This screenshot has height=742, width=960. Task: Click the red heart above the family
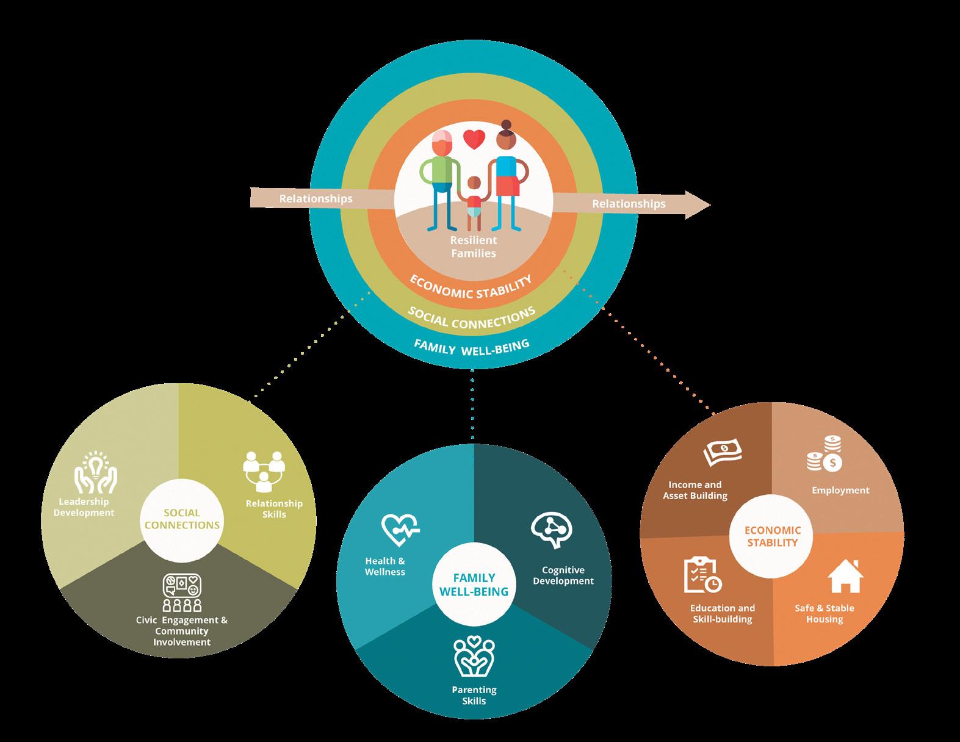click(x=474, y=140)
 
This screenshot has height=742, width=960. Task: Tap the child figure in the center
click(x=474, y=201)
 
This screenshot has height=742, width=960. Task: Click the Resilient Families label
click(x=474, y=247)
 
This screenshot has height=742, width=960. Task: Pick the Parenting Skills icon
click(x=474, y=657)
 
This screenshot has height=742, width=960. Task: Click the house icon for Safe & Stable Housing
click(x=845, y=577)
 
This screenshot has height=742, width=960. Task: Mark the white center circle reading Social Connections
click(x=182, y=519)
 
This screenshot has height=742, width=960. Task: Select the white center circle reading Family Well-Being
click(x=474, y=585)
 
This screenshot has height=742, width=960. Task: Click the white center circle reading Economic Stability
click(x=772, y=536)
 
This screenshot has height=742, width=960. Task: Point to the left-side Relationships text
click(x=316, y=198)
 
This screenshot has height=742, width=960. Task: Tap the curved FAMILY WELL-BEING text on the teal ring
click(x=471, y=346)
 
